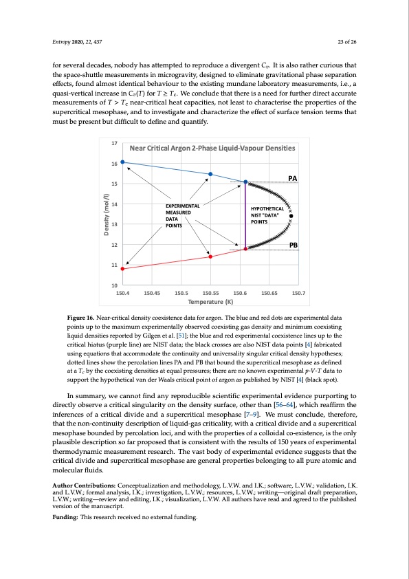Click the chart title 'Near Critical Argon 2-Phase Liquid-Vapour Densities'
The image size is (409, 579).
pyautogui.click(x=212, y=148)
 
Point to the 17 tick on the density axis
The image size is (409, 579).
pyautogui.click(x=114, y=143)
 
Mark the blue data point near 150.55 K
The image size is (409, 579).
pyautogui.click(x=210, y=175)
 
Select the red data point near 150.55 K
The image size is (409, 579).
pyautogui.click(x=210, y=256)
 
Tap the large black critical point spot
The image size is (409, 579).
pyautogui.click(x=291, y=215)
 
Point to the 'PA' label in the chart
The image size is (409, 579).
pyautogui.click(x=293, y=178)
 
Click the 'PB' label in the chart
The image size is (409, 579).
pyautogui.click(x=293, y=245)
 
